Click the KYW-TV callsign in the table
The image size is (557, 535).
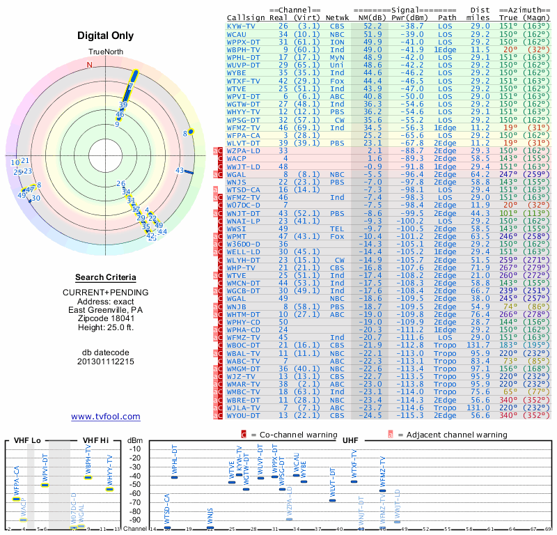pyautogui.click(x=241, y=25)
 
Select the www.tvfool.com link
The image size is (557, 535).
pyautogui.click(x=106, y=417)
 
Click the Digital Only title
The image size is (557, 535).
pyautogui.click(x=106, y=36)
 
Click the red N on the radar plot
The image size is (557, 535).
pyautogui.click(x=89, y=65)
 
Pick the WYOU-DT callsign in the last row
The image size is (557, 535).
pyautogui.click(x=244, y=415)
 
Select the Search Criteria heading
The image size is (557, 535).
pyautogui.click(x=105, y=277)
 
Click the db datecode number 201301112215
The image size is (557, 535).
pyautogui.click(x=105, y=362)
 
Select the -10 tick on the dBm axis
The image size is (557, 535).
pyautogui.click(x=134, y=449)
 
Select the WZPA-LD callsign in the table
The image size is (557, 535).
pyautogui.click(x=244, y=150)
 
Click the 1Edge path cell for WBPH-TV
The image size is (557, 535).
pyautogui.click(x=445, y=50)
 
